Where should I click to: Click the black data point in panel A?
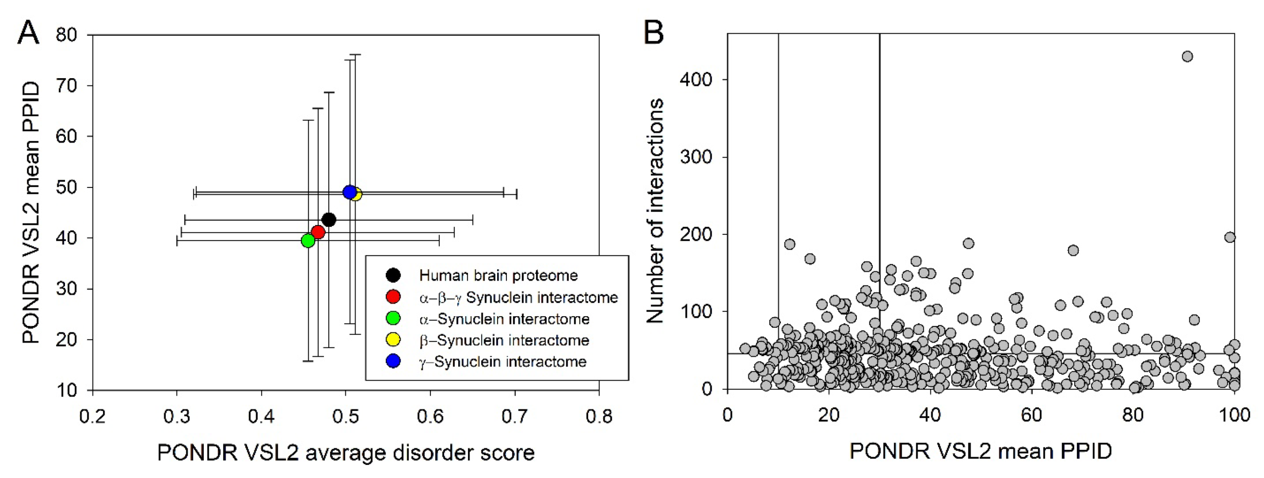tap(329, 219)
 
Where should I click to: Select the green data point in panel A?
tap(308, 241)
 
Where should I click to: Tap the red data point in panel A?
tap(318, 232)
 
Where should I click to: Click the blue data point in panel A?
tap(350, 192)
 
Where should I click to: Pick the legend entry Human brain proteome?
tap(498, 276)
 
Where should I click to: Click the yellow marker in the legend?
tap(393, 340)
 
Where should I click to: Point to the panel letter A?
tap(28, 33)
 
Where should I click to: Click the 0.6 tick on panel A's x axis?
tap(430, 417)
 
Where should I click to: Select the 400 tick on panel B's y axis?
tap(695, 80)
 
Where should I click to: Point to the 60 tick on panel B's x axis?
tap(1031, 416)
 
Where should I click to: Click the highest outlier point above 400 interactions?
tap(1187, 57)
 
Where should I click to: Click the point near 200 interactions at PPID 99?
tap(1230, 237)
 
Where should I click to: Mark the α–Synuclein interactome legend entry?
tap(504, 319)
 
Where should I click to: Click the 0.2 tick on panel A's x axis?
tap(92, 417)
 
